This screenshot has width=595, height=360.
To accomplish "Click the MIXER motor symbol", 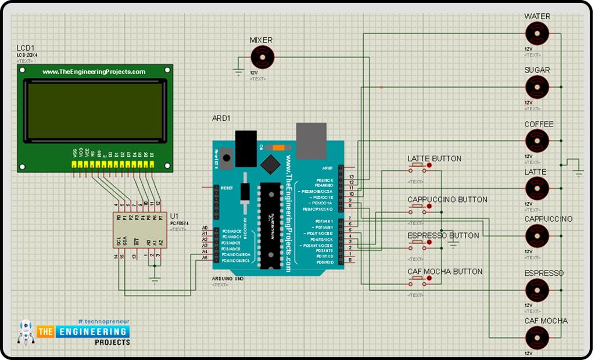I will pos(262,57).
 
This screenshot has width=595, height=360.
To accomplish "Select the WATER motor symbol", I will pos(536,34).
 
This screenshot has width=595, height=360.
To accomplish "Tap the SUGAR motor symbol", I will pos(536,87).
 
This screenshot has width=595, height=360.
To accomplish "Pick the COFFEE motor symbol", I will pos(536,141).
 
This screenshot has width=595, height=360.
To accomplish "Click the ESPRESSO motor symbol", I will pos(536,289).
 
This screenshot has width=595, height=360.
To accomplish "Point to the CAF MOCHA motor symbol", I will pos(536,337).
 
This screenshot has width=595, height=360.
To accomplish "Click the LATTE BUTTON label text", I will pos(434,159).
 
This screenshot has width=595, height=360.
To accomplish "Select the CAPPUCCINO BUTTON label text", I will pos(447,200).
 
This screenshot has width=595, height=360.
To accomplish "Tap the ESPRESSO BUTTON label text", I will pos(443,236).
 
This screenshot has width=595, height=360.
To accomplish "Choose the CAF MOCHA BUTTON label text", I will pos(445,272).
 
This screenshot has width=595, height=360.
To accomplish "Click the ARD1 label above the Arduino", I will pos(221,118).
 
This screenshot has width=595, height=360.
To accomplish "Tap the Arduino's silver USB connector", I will pos(311,141).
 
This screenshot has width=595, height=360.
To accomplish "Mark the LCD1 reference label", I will pos(26,48).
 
